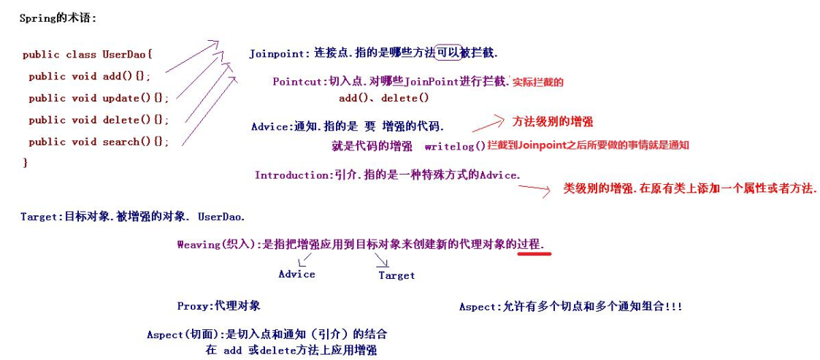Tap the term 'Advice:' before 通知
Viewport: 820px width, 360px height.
tap(270, 126)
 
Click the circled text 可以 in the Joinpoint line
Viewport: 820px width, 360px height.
tap(448, 53)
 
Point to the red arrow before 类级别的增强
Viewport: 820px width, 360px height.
tap(534, 189)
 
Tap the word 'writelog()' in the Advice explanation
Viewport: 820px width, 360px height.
tap(454, 146)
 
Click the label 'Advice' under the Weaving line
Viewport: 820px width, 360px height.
tap(296, 275)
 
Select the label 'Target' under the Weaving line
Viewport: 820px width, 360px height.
tap(396, 275)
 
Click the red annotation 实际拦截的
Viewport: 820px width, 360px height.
tap(538, 82)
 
